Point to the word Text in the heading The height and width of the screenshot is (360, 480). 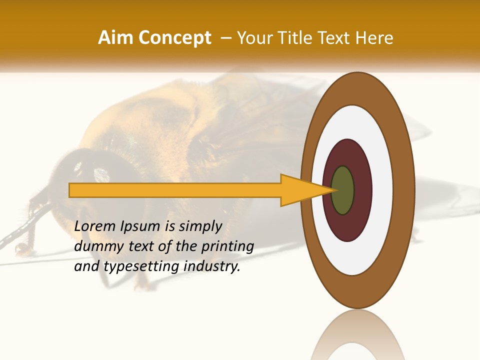pos(335,38)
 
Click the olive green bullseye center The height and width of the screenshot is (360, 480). pos(342,190)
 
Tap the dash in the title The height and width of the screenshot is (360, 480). pos(225,38)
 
